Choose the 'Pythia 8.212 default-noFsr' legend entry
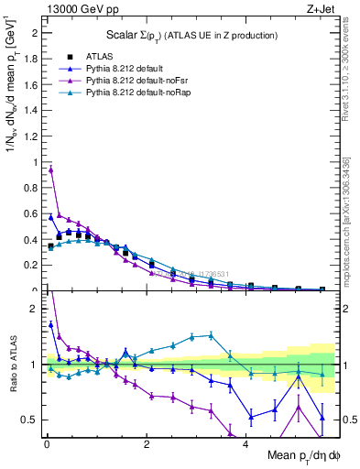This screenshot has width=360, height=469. point(129,81)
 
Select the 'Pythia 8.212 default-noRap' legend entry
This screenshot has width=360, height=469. point(130,93)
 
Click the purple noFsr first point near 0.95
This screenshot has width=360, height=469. point(50,169)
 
